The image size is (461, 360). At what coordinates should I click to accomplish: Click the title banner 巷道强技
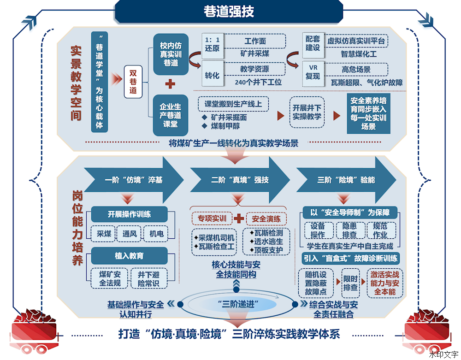coord(229,12)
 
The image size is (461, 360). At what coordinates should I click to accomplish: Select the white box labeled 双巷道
coord(133,82)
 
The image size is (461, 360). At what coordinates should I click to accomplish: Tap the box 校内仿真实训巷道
coord(171,54)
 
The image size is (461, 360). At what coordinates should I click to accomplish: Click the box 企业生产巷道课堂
coord(171,115)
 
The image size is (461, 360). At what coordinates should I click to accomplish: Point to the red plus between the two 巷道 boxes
coord(170,84)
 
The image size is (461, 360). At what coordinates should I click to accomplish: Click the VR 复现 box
coord(313,73)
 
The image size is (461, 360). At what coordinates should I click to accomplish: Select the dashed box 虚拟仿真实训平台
coord(356,41)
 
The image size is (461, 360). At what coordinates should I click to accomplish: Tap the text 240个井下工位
coord(258,83)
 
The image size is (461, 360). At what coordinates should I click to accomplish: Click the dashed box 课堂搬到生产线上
coord(233,104)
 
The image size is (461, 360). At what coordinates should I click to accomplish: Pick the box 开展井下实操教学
coord(307,112)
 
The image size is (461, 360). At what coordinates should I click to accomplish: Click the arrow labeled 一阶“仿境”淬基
coord(134,180)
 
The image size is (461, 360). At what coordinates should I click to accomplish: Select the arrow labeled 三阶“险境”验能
coord(346,180)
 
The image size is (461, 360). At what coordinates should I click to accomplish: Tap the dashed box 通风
coord(130,234)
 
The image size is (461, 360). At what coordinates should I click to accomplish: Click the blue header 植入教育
coord(130,256)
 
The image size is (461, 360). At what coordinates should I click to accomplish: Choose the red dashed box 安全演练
coord(266,218)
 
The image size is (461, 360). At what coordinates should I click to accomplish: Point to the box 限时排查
coord(351,283)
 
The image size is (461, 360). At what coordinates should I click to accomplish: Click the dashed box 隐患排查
coord(350,230)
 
